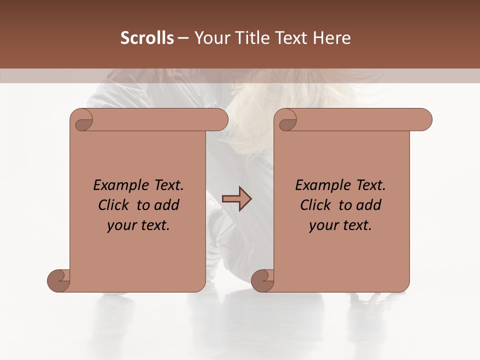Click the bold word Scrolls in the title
pos(147,38)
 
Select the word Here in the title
pos(331,38)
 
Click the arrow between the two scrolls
pos(236,199)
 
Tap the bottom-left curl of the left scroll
pos(58,280)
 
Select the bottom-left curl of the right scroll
pos(262,280)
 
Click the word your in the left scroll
pos(120,225)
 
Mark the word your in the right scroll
pos(322,225)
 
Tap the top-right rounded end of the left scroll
pos(220,120)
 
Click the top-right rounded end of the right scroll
pos(424,120)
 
